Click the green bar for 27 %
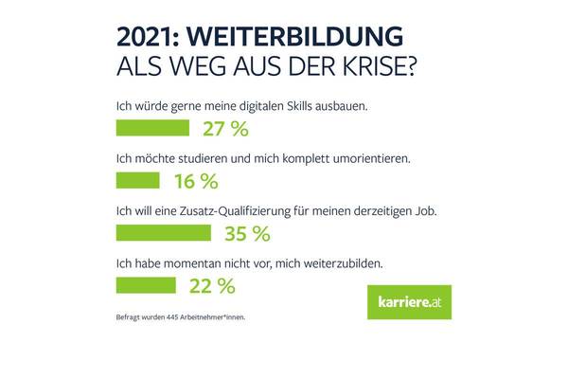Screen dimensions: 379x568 tap(152, 127)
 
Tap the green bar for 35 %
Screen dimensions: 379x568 tap(163, 232)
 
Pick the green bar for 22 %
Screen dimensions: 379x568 tap(145, 284)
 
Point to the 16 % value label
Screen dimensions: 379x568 tap(196, 180)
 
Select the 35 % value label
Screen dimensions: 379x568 tap(247, 233)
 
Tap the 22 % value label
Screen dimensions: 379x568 tap(212, 285)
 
